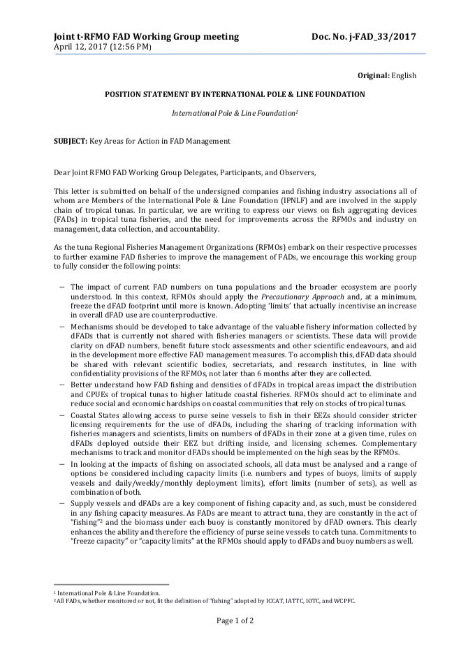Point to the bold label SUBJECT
(71, 140)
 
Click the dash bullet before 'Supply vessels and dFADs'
(62, 501)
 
